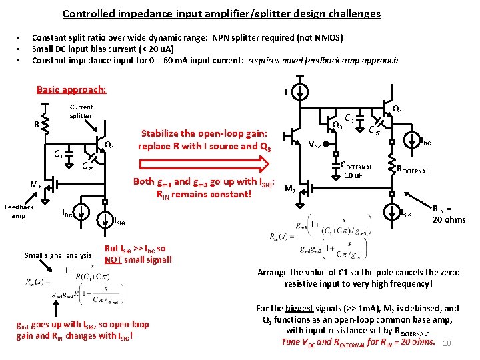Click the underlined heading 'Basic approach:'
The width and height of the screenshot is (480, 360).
pyautogui.click(x=71, y=89)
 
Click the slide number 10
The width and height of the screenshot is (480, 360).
pyautogui.click(x=447, y=343)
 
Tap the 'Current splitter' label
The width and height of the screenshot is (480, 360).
pyautogui.click(x=81, y=111)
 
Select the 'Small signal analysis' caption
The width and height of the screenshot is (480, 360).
pyautogui.click(x=58, y=255)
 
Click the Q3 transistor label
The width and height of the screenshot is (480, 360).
pyautogui.click(x=337, y=125)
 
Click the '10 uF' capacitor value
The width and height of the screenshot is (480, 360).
pyautogui.click(x=352, y=175)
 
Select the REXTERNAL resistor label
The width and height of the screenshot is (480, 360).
pyautogui.click(x=421, y=170)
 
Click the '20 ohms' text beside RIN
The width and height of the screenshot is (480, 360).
pyautogui.click(x=449, y=219)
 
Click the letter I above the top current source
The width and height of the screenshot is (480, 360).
pyautogui.click(x=286, y=93)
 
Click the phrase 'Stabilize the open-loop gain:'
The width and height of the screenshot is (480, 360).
pyautogui.click(x=205, y=133)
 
